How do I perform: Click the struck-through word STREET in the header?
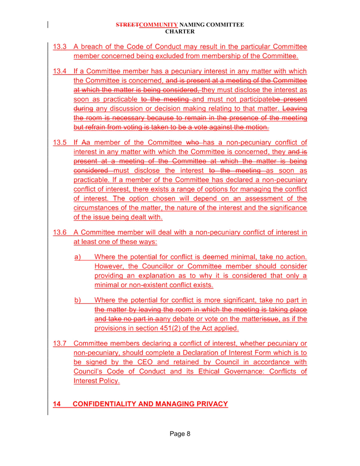pyautogui.click(x=128, y=25)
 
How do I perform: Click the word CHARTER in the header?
pyautogui.click(x=180, y=31)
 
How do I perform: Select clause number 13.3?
pyautogui.click(x=60, y=47)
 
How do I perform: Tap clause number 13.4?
pyautogui.click(x=60, y=71)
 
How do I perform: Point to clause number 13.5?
pyautogui.click(x=60, y=142)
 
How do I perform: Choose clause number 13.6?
pyautogui.click(x=60, y=232)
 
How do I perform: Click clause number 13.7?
pyautogui.click(x=60, y=343)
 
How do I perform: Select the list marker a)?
pyautogui.click(x=78, y=257)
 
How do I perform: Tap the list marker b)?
pyautogui.click(x=78, y=300)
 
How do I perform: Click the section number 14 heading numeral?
pyautogui.click(x=57, y=404)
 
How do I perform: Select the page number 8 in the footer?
pyautogui.click(x=188, y=434)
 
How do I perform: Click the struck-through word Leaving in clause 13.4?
pyautogui.click(x=295, y=108)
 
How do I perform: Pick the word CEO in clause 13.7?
pyautogui.click(x=145, y=362)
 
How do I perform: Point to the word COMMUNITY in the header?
pyautogui.click(x=158, y=25)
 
